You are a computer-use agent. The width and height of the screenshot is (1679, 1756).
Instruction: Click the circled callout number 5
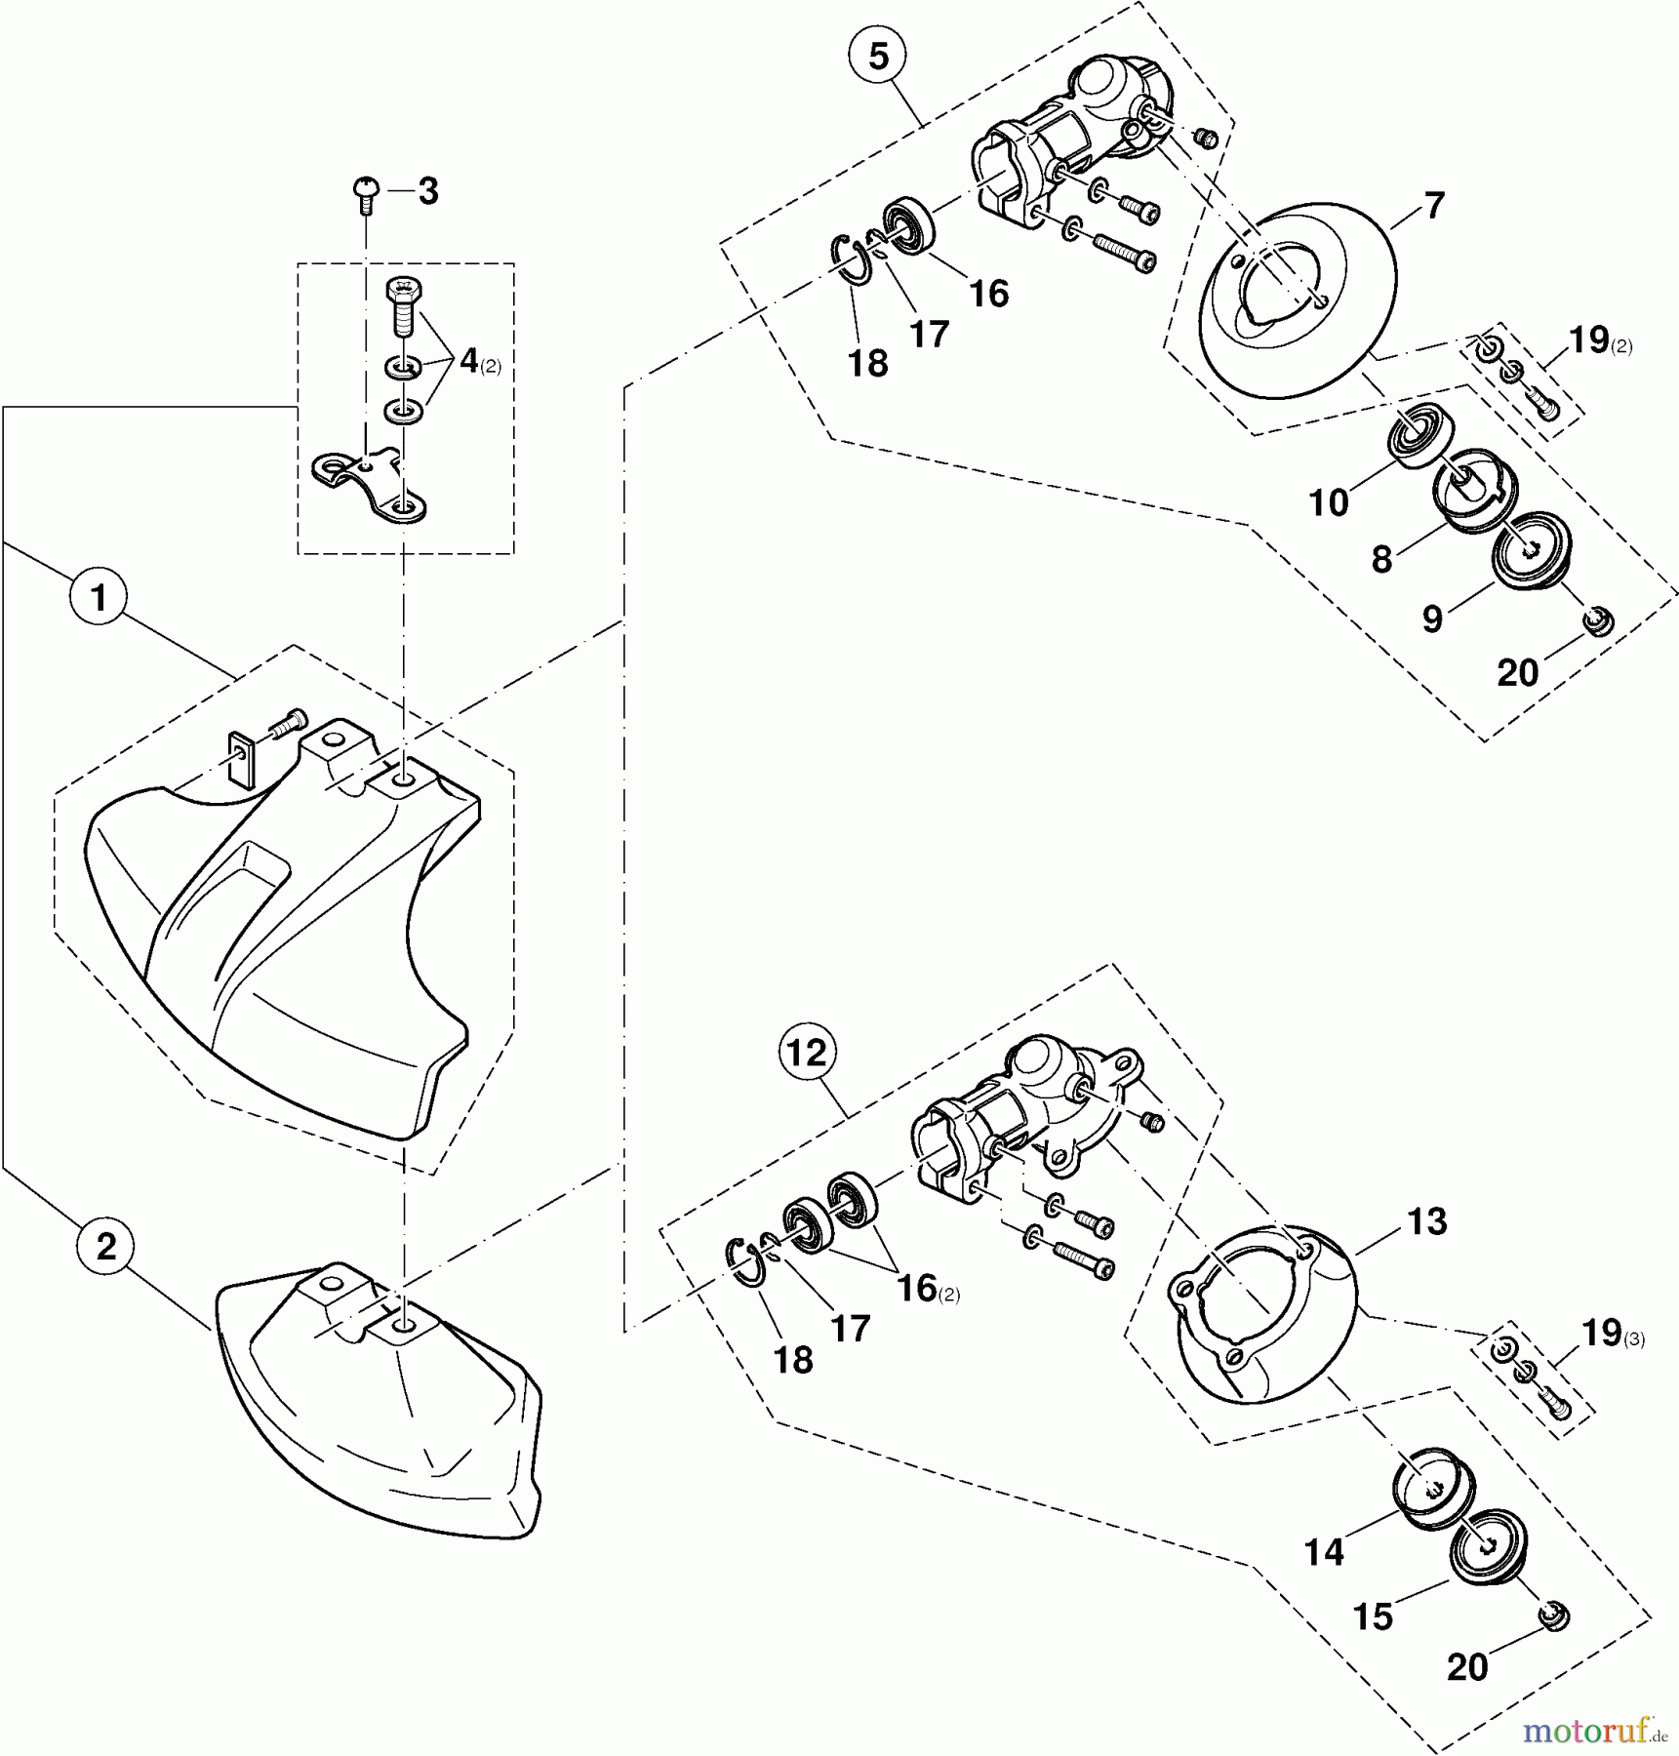tap(878, 57)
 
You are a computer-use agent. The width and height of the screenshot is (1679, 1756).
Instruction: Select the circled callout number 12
tap(808, 1053)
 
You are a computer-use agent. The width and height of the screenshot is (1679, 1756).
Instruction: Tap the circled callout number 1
tap(98, 597)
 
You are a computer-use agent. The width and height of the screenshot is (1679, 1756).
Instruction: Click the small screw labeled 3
tap(367, 192)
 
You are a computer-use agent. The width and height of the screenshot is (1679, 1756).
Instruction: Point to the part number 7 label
tap(1433, 207)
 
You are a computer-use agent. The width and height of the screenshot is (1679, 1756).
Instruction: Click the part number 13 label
tap(1427, 1221)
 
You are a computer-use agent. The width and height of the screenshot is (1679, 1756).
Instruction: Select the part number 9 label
tap(1432, 618)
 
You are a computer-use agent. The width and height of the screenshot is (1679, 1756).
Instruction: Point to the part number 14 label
tap(1324, 1552)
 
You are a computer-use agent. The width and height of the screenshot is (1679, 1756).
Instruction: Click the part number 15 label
tap(1373, 1616)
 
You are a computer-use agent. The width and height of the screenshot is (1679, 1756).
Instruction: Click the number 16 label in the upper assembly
tap(989, 294)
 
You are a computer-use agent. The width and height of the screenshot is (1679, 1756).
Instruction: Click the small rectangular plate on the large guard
tap(240, 758)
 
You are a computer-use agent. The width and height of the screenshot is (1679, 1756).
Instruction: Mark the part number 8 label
tap(1381, 560)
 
